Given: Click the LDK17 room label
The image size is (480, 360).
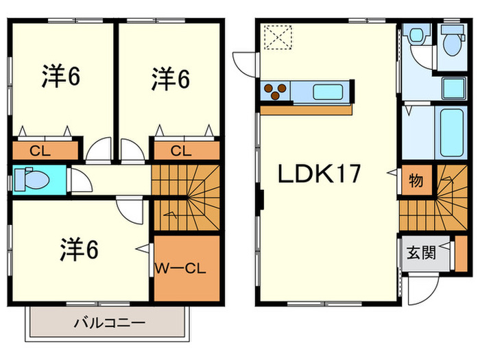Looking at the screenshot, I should [319, 176].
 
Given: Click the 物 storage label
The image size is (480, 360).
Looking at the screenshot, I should [416, 182].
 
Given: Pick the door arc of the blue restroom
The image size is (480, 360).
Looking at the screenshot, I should [81, 182].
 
